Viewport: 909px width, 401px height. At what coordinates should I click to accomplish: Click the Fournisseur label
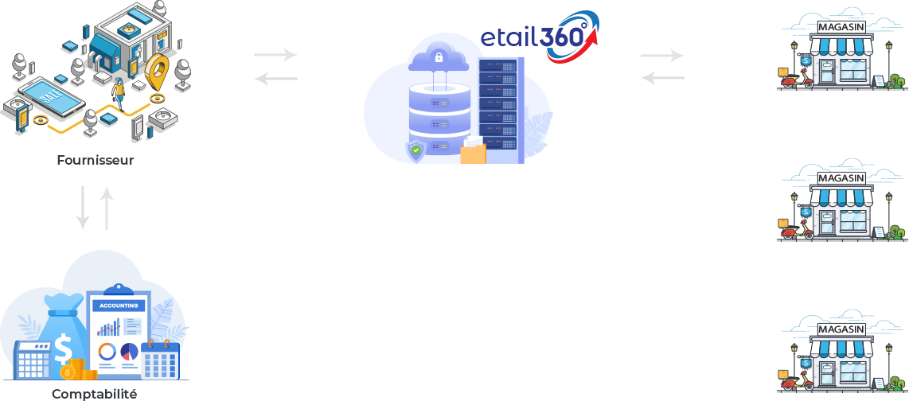coord(96,160)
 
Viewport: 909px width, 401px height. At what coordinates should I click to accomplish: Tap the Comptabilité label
coord(94,393)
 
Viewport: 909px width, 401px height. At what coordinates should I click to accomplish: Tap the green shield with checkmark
coord(415,149)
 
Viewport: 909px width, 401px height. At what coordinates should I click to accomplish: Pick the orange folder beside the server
coord(473,152)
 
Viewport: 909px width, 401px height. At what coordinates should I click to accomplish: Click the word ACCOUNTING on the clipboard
coord(119,306)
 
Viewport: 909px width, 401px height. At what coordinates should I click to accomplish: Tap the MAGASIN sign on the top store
coord(841,28)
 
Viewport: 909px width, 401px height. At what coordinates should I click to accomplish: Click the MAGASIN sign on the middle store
coord(841,179)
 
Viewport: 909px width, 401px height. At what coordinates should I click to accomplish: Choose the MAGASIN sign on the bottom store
coord(841,329)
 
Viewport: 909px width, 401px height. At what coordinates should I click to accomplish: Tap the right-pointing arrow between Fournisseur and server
coord(275,56)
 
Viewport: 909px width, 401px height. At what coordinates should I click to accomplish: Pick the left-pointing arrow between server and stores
coord(662,78)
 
